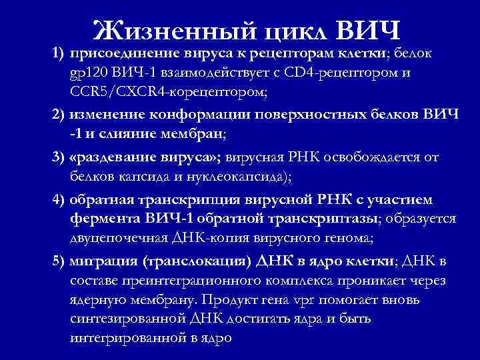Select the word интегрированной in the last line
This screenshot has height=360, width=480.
[125, 337]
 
